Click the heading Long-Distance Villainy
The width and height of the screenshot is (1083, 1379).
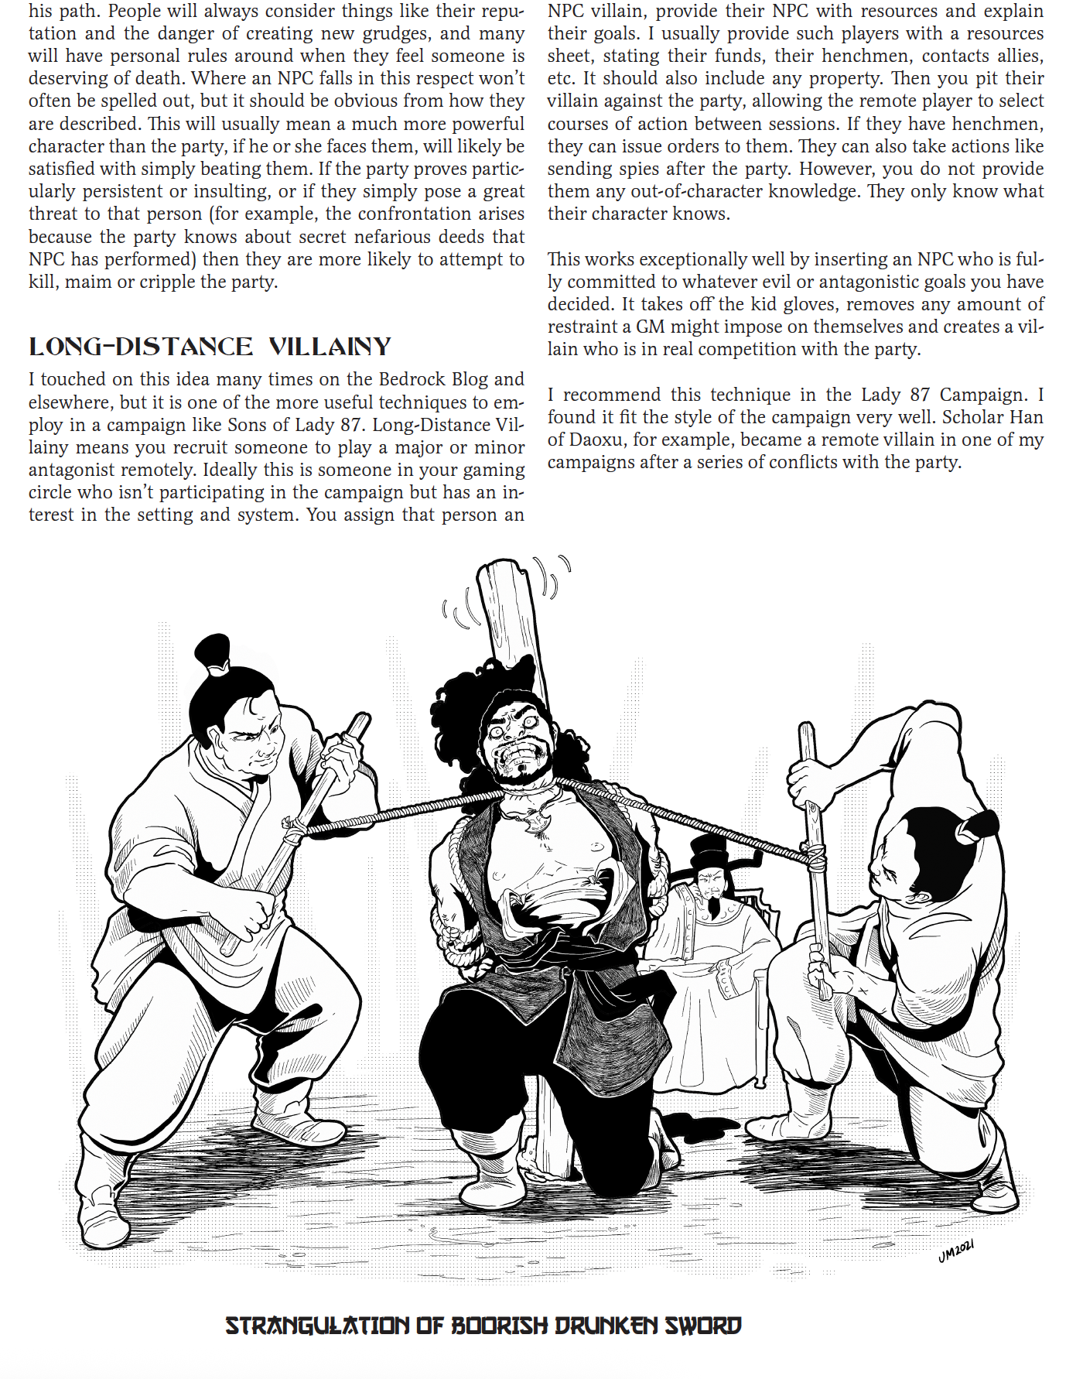(x=210, y=346)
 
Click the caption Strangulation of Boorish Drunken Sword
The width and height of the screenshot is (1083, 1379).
(x=483, y=1326)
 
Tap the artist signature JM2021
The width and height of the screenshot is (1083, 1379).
(x=956, y=1251)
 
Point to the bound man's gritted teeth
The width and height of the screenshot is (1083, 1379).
(x=516, y=753)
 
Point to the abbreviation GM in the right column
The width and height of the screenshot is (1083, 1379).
(x=651, y=327)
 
